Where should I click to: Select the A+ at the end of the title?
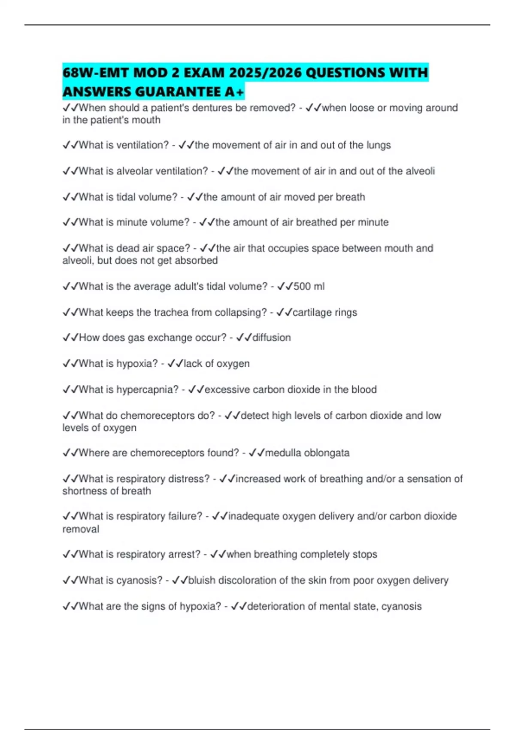coord(234,92)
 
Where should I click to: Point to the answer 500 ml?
coord(309,286)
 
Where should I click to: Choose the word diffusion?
coord(271,338)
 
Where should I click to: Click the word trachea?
coord(168,312)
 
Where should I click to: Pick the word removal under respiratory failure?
coord(81,529)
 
